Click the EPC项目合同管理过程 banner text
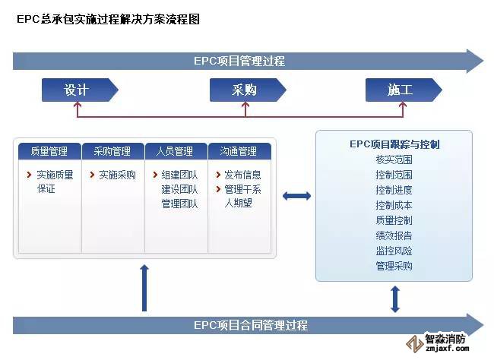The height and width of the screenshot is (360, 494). (x=250, y=325)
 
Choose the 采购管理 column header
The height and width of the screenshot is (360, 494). (x=112, y=151)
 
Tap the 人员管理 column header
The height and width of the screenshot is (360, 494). (x=175, y=151)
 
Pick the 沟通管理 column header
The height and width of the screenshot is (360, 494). (x=239, y=151)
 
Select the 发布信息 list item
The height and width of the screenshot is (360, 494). (x=242, y=175)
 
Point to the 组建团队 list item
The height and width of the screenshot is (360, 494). (x=179, y=175)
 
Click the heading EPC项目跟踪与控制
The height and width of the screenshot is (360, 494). (x=394, y=144)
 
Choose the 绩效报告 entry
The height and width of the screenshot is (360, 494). (x=394, y=235)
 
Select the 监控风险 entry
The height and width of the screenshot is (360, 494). (x=394, y=251)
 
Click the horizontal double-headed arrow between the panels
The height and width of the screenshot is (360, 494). (x=296, y=196)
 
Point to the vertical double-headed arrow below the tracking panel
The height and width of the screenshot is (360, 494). (x=394, y=299)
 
